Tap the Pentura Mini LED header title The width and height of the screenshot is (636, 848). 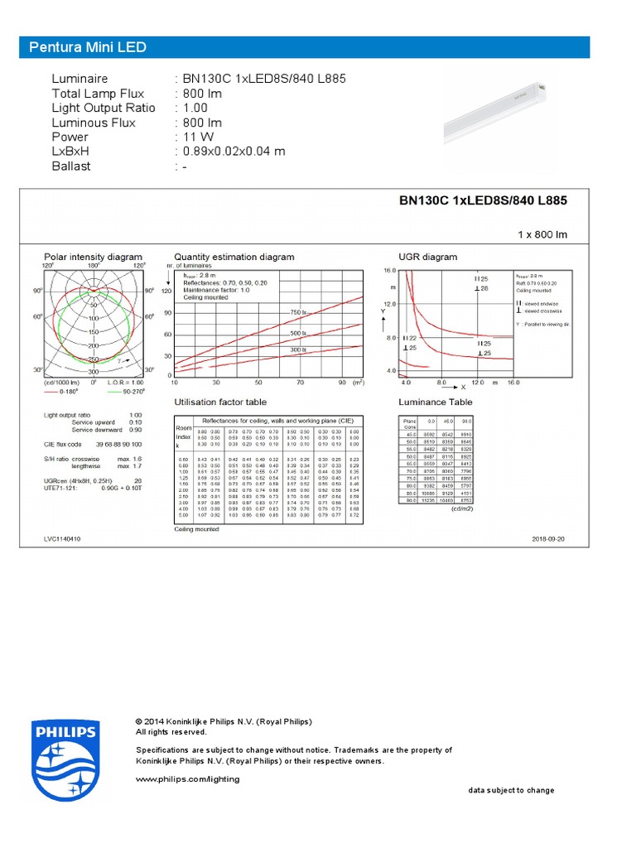pyautogui.click(x=88, y=47)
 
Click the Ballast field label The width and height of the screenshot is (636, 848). pyautogui.click(x=71, y=166)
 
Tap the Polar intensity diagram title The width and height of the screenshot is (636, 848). pyautogui.click(x=93, y=257)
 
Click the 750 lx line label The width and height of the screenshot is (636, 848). pyautogui.click(x=298, y=312)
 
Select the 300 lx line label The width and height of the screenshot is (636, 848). pyautogui.click(x=298, y=349)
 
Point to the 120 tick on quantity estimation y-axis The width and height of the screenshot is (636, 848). pyautogui.click(x=166, y=291)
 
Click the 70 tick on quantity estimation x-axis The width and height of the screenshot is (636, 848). pyautogui.click(x=301, y=383)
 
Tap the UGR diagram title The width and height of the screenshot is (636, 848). pyautogui.click(x=427, y=257)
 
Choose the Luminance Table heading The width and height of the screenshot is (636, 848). pyautogui.click(x=436, y=402)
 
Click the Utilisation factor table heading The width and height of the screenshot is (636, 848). pyautogui.click(x=221, y=402)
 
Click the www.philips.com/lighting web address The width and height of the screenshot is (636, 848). pyautogui.click(x=187, y=778)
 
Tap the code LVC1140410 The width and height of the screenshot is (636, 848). pyautogui.click(x=63, y=538)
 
